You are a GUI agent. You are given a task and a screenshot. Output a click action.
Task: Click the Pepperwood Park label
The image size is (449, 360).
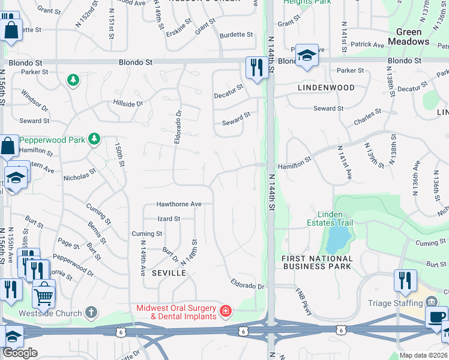pos(54,139)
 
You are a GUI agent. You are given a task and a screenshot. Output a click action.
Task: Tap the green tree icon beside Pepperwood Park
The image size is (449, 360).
pos(94,139)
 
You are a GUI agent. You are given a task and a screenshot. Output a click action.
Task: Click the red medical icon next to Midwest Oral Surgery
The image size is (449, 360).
pos(225,311)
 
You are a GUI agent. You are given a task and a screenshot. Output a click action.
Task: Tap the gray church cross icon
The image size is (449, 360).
pos(91,311)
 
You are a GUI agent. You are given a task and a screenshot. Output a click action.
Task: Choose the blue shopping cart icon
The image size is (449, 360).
pos(43,294)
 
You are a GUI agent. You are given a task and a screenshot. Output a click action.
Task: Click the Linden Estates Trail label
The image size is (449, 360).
pos(331,218)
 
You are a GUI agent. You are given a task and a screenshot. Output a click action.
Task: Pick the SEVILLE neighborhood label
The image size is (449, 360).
pos(169,273)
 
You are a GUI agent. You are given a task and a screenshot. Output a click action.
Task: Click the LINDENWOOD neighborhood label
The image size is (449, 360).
pos(326,88)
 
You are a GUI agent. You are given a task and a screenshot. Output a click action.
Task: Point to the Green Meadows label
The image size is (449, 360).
pos(408,37)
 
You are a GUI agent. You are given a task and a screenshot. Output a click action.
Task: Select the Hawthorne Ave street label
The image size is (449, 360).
pos(179,204)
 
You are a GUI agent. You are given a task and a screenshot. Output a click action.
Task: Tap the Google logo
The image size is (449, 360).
pos(20,353)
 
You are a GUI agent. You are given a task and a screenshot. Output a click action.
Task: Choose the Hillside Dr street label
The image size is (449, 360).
pos(128,103)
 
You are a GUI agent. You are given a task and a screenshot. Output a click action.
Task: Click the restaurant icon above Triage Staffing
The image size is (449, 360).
pos(405,280)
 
